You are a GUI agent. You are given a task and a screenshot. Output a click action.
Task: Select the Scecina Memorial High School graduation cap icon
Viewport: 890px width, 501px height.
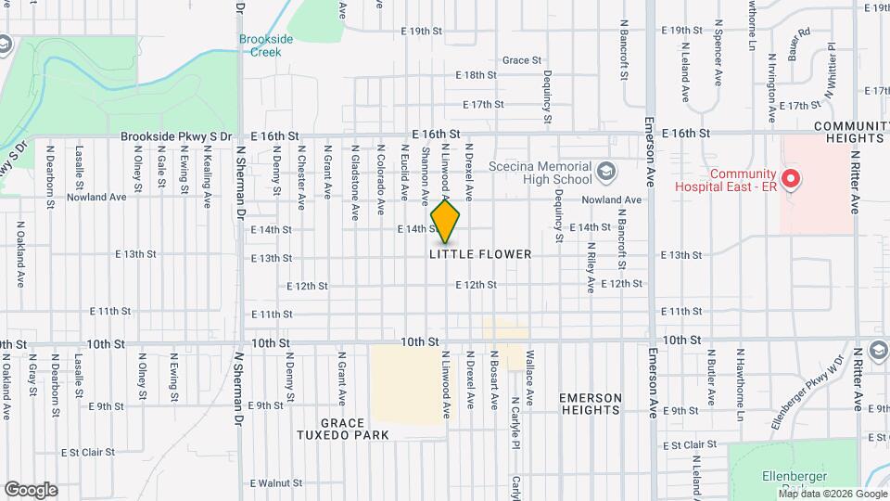606,171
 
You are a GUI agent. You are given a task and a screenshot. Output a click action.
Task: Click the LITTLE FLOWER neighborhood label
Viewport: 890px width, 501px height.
480,254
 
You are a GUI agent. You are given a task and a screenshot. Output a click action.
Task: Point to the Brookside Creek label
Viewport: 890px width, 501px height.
266,45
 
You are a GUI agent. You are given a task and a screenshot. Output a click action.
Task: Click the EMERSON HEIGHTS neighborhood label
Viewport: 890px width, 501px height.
590,404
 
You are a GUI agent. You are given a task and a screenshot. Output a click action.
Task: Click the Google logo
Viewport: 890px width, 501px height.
31,489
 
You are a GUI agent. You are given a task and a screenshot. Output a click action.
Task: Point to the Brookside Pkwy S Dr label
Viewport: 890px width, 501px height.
176,136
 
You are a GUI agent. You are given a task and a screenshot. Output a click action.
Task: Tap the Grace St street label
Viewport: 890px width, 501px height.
522,60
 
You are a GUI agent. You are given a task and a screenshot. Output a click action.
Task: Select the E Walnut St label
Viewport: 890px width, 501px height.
276,483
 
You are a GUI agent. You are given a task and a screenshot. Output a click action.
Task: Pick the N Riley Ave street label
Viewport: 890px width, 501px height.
591,268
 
